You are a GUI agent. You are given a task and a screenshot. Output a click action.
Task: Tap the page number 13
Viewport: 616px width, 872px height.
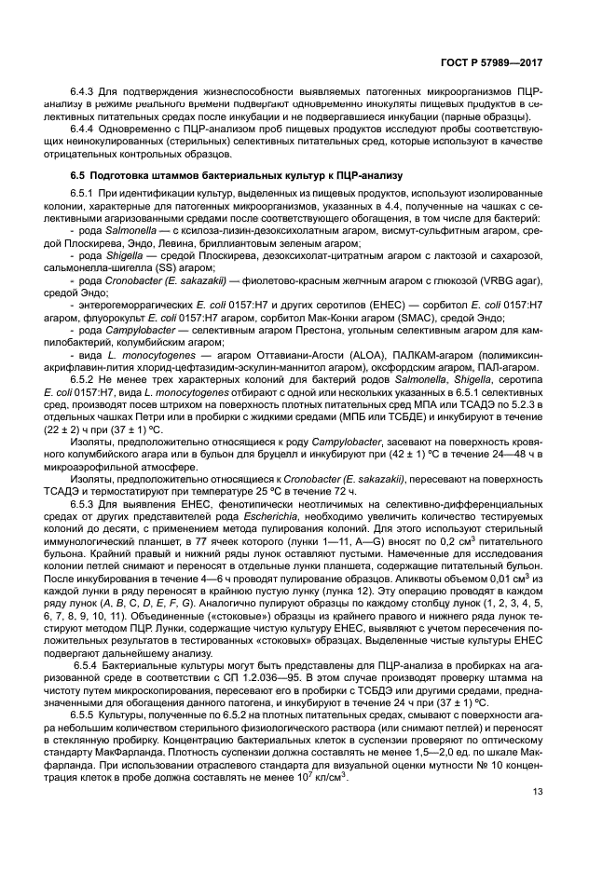tap(539, 792)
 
